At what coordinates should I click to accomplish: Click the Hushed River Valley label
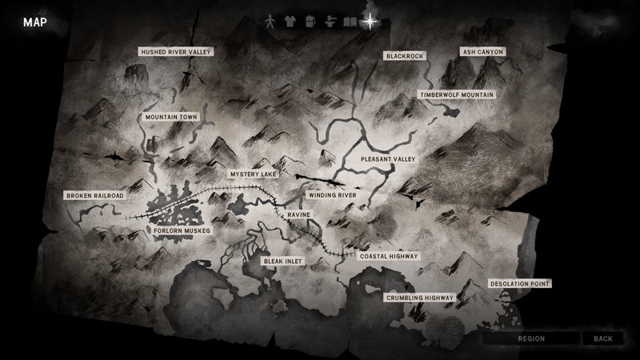pyautogui.click(x=175, y=52)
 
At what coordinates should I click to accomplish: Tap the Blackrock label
pyautogui.click(x=404, y=56)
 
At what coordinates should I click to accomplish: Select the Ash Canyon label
pyautogui.click(x=483, y=52)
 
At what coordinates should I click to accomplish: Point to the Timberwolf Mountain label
pyautogui.click(x=457, y=94)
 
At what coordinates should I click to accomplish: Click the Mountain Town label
pyautogui.click(x=171, y=117)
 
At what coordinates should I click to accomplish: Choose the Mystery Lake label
pyautogui.click(x=252, y=174)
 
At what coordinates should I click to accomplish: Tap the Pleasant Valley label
pyautogui.click(x=388, y=159)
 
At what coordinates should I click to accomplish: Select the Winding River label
pyautogui.click(x=332, y=194)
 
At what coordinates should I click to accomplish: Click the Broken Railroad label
pyautogui.click(x=95, y=195)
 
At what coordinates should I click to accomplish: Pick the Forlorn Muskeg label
pyautogui.click(x=182, y=231)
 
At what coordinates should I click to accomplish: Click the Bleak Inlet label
pyautogui.click(x=284, y=261)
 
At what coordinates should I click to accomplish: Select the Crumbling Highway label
pyautogui.click(x=420, y=298)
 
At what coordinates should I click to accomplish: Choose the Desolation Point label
pyautogui.click(x=520, y=284)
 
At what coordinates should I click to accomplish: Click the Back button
pyautogui.click(x=602, y=338)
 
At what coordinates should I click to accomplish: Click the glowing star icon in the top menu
pyautogui.click(x=370, y=22)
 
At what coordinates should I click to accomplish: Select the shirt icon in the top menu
pyautogui.click(x=290, y=22)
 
